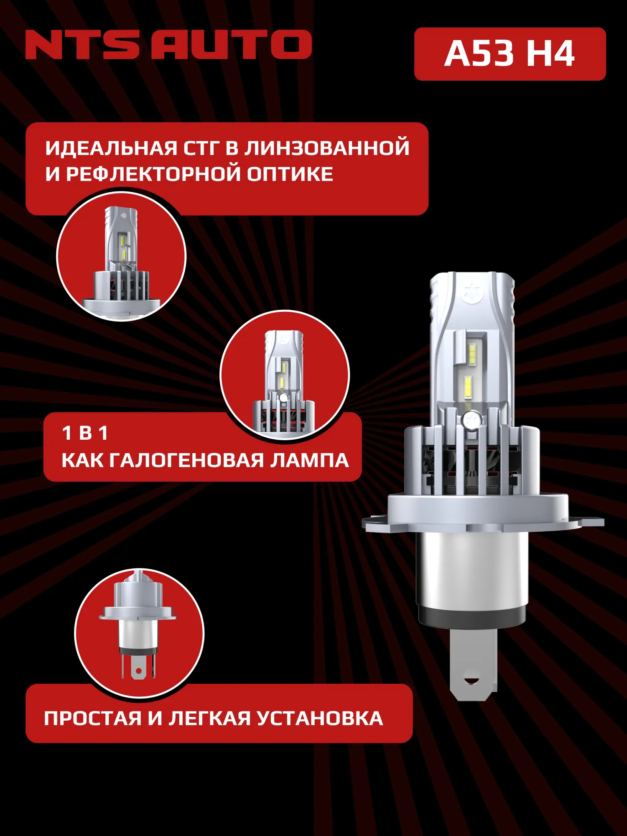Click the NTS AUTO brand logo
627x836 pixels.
168,44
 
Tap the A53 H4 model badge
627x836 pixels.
510,54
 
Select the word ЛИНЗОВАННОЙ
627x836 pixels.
326,148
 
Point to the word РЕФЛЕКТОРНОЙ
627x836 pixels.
153,174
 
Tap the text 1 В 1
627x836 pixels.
85,433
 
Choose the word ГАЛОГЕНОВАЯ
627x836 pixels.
186,461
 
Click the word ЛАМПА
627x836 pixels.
309,461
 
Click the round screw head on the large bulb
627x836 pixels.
472,420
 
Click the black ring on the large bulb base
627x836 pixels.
472,617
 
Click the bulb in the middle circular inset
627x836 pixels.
284,378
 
